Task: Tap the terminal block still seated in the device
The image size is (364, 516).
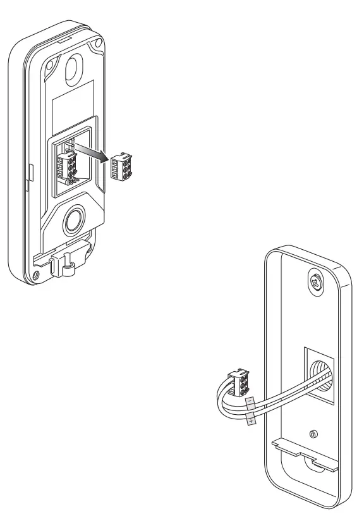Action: click(x=67, y=167)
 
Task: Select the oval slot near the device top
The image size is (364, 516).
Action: click(x=73, y=66)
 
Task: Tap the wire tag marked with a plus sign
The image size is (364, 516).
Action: click(x=251, y=420)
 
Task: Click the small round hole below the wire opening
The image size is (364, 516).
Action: click(x=315, y=435)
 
